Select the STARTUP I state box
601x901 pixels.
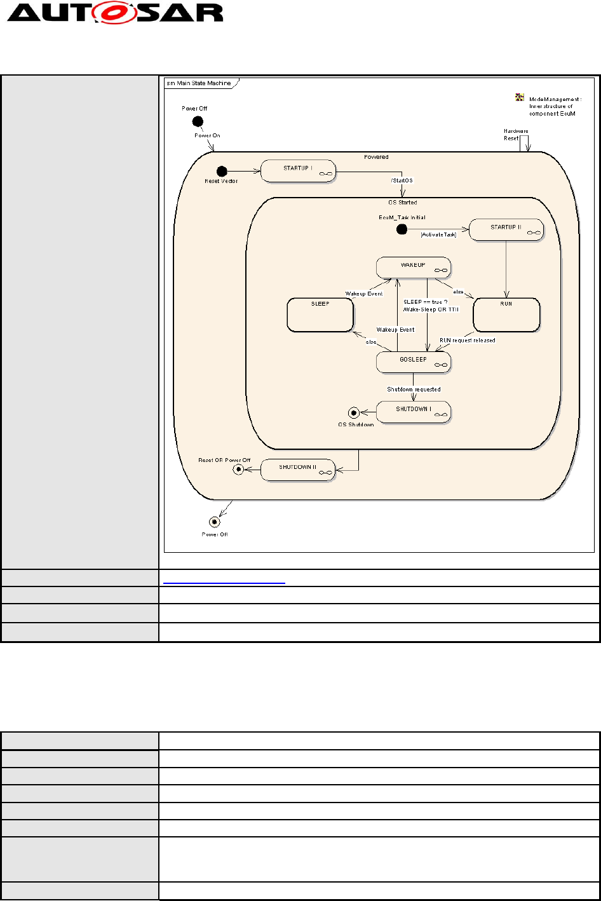297,170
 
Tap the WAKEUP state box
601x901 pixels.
413,267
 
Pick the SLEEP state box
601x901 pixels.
320,315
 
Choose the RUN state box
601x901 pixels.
506,314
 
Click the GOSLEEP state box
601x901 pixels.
413,362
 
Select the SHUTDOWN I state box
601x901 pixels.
413,411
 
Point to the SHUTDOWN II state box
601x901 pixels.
297,470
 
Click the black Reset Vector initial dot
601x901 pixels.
222,171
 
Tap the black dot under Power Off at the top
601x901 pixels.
198,121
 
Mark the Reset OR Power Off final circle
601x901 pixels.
238,470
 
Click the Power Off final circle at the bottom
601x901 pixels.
215,522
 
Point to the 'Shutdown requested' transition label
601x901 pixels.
414,389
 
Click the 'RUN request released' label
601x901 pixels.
468,340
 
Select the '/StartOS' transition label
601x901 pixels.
402,181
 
